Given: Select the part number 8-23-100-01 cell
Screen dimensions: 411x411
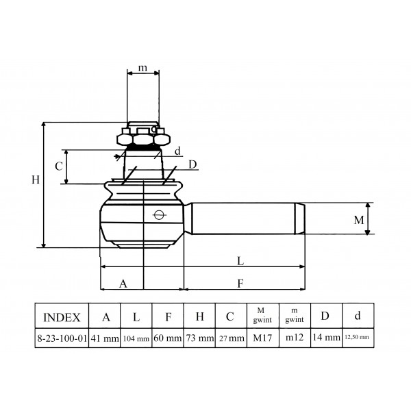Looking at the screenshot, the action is click(62, 338).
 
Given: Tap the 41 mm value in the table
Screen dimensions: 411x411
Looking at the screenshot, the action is click(105, 338).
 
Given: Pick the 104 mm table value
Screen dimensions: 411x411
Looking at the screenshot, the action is click(136, 338).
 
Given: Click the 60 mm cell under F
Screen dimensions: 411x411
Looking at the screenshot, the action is click(168, 338).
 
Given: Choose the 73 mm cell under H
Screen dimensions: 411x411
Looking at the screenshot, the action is click(200, 338).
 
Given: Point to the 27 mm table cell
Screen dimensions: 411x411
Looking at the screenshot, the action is click(232, 338).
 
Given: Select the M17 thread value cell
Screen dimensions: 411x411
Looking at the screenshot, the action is click(262, 338).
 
